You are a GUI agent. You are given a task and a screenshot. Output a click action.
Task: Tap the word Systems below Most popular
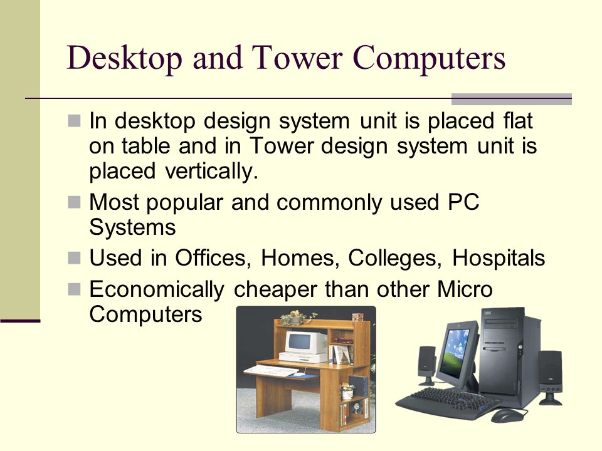(x=133, y=227)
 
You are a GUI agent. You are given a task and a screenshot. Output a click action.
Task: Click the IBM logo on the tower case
(x=488, y=313)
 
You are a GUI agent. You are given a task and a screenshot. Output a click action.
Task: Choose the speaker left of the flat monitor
(x=426, y=363)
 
